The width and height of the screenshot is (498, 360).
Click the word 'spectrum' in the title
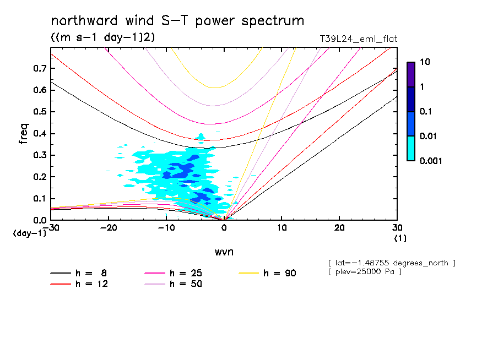point(273,21)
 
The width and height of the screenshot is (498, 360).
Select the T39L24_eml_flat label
point(358,39)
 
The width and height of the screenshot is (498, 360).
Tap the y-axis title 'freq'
point(24,134)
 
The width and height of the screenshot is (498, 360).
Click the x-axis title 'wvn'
point(224,252)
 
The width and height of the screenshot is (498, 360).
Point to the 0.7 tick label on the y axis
point(40,68)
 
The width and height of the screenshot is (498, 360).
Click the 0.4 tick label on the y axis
point(40,133)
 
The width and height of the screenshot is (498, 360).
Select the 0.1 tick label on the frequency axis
point(40,198)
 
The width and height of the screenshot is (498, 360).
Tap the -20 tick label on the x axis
point(109,228)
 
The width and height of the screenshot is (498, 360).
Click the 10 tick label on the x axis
point(282,228)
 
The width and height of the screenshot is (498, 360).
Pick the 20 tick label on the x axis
point(339,228)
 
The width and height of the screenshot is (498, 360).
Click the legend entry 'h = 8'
point(79,273)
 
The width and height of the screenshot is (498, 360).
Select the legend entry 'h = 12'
point(79,284)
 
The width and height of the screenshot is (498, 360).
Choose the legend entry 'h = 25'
point(174,273)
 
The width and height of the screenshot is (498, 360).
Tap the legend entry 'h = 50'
point(174,284)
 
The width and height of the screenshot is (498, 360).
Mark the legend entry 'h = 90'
point(267,273)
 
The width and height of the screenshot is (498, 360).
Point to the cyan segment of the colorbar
point(411,148)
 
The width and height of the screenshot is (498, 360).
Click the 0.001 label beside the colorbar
point(431,161)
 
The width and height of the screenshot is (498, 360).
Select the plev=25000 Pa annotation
point(365,272)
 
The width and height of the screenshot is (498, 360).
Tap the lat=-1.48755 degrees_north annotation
point(392,263)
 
